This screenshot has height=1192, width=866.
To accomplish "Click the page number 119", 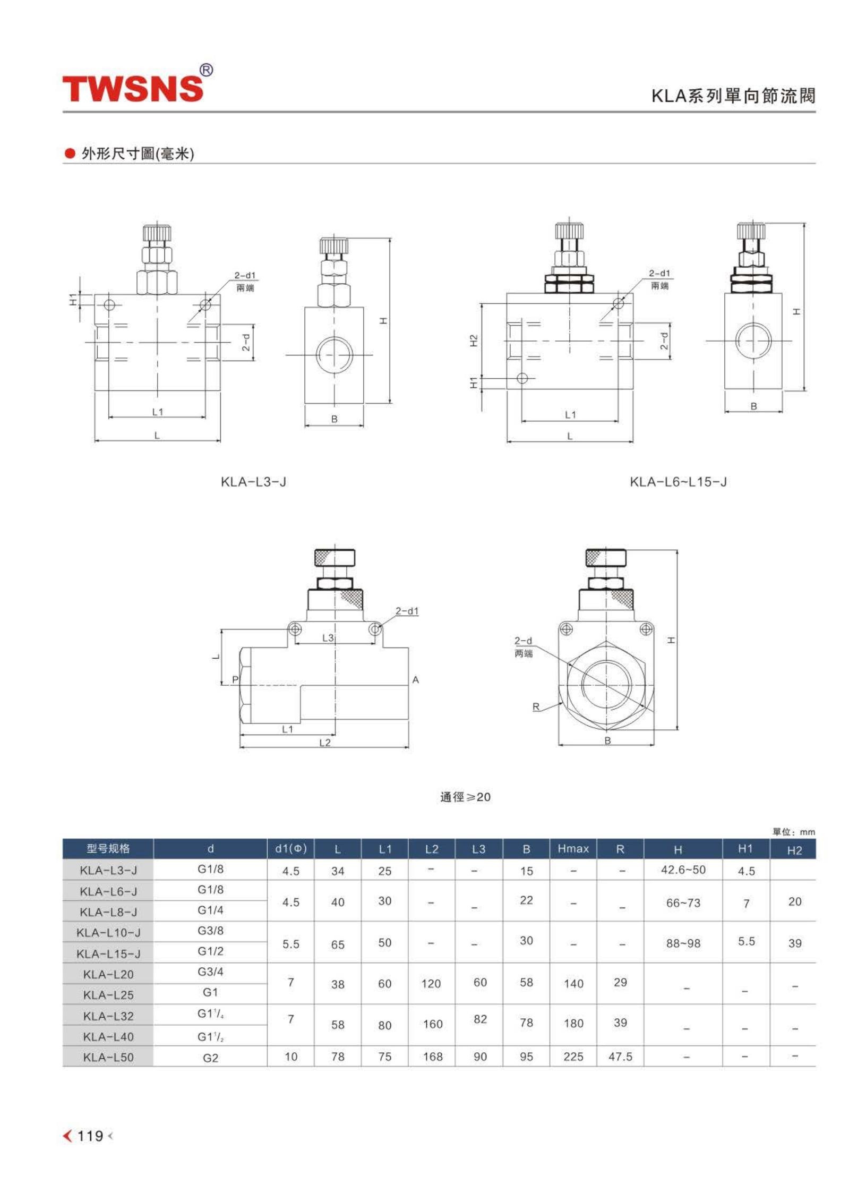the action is click(x=90, y=1136).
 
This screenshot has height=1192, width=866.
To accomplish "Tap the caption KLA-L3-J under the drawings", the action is click(x=253, y=482).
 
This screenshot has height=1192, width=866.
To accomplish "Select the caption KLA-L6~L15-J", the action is click(x=678, y=482).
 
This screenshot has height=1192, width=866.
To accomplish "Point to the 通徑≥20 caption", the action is click(x=465, y=797).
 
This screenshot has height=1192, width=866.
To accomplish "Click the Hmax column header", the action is click(x=573, y=849).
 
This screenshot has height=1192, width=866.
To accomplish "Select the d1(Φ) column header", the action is click(x=291, y=849).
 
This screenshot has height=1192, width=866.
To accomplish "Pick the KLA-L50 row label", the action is click(x=108, y=1057).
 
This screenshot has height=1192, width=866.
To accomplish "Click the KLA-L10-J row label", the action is click(x=108, y=933).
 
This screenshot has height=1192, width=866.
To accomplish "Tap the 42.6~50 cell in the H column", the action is click(x=683, y=870).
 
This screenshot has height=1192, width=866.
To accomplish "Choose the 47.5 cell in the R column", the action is click(x=620, y=1057).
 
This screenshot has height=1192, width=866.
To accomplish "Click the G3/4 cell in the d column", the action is click(x=210, y=972).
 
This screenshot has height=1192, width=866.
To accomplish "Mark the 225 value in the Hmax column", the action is click(x=573, y=1057).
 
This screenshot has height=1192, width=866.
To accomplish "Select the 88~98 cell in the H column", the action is click(x=683, y=943).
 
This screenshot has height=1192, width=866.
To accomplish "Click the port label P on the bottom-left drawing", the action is click(x=235, y=680).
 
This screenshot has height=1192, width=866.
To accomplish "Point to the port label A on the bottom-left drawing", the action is click(x=416, y=680).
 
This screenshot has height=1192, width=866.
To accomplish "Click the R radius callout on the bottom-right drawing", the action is click(x=536, y=707).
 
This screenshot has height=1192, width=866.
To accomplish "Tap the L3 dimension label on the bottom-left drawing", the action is click(x=328, y=637).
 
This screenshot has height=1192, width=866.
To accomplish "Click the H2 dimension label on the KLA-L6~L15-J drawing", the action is click(x=474, y=340).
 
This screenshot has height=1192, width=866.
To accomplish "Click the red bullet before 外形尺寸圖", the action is click(x=70, y=154).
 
